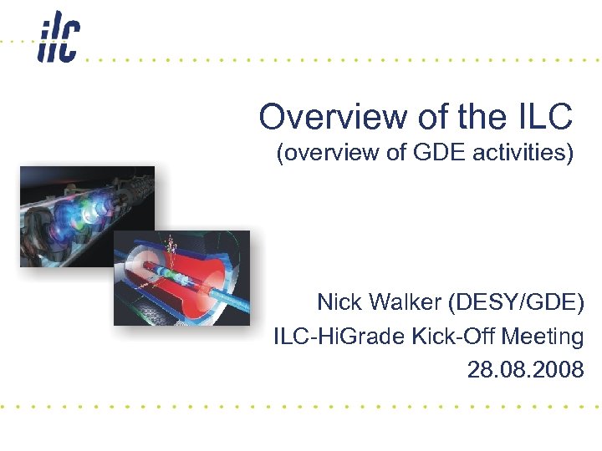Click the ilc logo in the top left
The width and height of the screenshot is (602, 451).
click(x=58, y=41)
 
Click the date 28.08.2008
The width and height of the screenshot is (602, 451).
click(x=525, y=370)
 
